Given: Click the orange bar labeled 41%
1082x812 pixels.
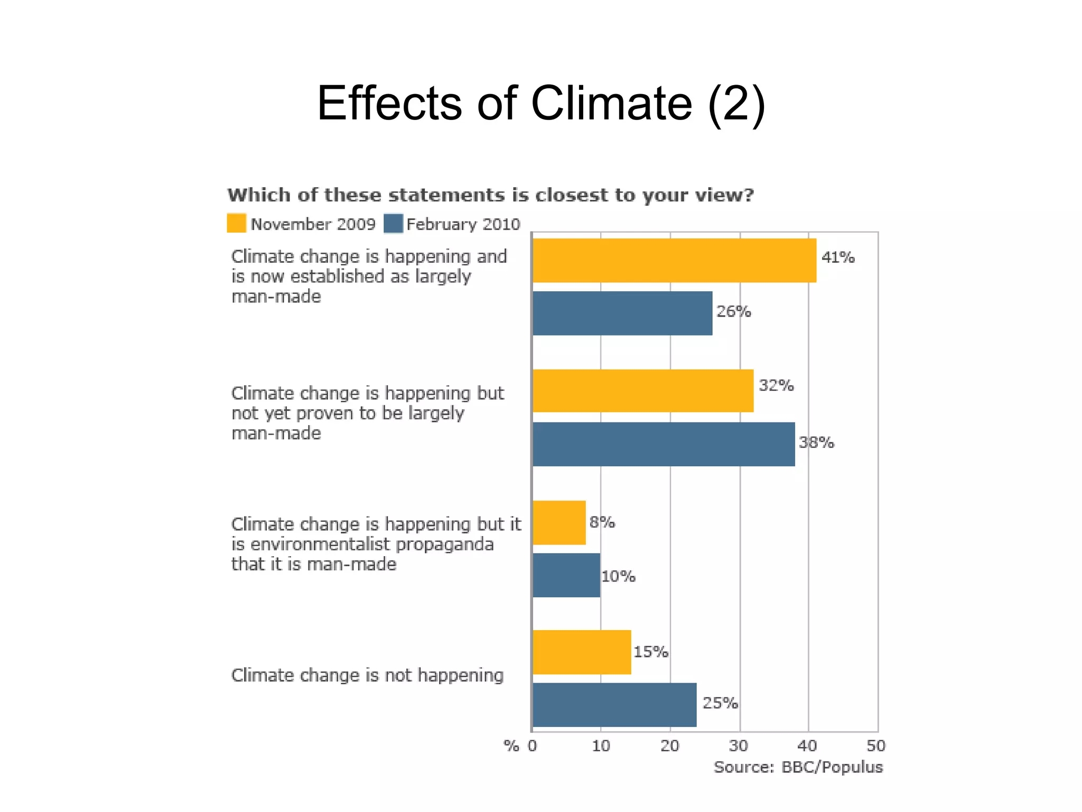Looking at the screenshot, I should (x=674, y=260).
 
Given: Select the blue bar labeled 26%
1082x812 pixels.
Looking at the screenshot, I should (x=622, y=313).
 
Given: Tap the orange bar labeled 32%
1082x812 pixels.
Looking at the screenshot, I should (x=643, y=391).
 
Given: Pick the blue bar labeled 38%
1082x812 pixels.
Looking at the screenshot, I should (x=664, y=444).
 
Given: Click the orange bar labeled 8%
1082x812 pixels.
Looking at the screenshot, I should (x=559, y=522).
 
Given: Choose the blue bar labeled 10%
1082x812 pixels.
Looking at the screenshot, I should (x=566, y=575).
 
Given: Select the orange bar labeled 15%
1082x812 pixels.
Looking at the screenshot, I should (x=582, y=652).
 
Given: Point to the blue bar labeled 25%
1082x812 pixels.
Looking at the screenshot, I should (x=614, y=705).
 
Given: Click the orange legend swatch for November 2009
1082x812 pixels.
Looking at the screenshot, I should (x=236, y=223).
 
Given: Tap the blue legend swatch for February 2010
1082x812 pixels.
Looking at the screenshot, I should (x=394, y=223).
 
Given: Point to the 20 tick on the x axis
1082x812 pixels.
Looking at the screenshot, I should (x=669, y=746).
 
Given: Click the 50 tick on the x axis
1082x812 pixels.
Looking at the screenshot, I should (x=875, y=746).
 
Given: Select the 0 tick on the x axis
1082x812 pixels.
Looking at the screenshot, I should (x=533, y=746).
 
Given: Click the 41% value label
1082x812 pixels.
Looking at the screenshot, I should (x=838, y=257).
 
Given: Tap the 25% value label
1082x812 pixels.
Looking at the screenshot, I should (x=720, y=703).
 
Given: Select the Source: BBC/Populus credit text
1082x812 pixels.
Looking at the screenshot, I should (x=798, y=767).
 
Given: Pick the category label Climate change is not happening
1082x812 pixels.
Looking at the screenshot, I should (x=367, y=675).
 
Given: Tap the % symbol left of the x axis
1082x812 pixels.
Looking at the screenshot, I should (x=511, y=746).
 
